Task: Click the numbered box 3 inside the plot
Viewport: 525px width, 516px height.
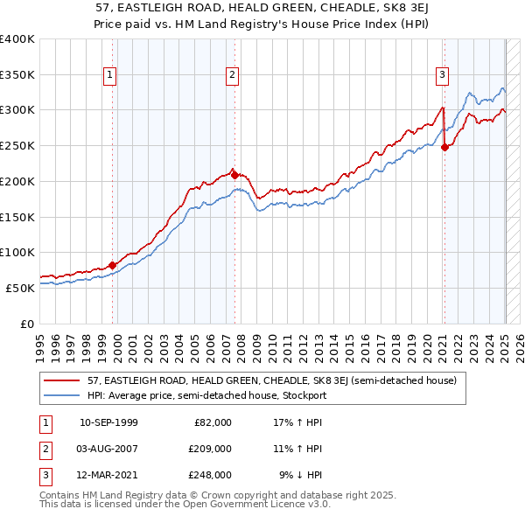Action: pyautogui.click(x=443, y=75)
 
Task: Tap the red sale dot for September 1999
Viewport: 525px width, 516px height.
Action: pyautogui.click(x=113, y=265)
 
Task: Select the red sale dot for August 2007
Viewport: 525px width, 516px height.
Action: pyautogui.click(x=234, y=175)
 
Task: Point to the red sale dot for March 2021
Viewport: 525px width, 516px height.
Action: pyautogui.click(x=444, y=147)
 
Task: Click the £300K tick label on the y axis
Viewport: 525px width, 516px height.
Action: pyautogui.click(x=17, y=110)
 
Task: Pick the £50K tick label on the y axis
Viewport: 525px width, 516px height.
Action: pyautogui.click(x=20, y=288)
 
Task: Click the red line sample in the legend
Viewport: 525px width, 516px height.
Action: pyautogui.click(x=63, y=380)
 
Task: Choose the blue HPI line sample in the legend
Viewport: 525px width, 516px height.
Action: pyautogui.click(x=63, y=395)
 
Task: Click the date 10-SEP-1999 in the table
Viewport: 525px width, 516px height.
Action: pyautogui.click(x=108, y=422)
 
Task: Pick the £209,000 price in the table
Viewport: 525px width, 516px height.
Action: pyautogui.click(x=210, y=449)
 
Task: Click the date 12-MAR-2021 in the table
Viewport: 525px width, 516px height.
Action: pyautogui.click(x=108, y=475)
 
